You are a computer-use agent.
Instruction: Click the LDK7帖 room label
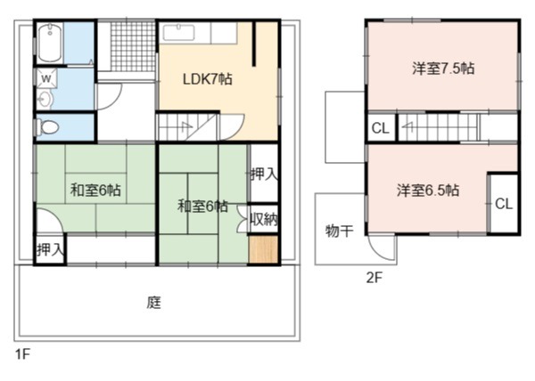(x=208, y=79)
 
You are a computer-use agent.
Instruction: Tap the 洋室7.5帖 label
(x=443, y=69)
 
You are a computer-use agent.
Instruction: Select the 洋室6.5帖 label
(x=427, y=190)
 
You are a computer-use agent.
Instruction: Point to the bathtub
(x=50, y=43)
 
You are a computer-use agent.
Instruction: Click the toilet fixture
(x=47, y=127)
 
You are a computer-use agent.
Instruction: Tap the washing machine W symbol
(x=46, y=79)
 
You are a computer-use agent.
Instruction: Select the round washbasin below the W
(x=45, y=100)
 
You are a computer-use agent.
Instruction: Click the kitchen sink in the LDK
(x=178, y=33)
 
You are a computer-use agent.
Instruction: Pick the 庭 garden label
(x=154, y=302)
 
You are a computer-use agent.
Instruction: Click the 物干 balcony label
(x=339, y=231)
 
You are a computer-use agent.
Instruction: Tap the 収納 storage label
(x=264, y=219)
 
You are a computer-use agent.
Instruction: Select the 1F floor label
(x=22, y=354)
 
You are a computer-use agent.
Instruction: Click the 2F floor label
(x=374, y=278)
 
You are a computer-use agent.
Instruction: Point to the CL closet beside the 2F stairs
(x=380, y=128)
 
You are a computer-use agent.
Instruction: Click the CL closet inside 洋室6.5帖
(x=504, y=204)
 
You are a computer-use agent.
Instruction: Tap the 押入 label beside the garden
(x=51, y=249)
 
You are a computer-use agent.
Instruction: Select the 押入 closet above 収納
(x=264, y=174)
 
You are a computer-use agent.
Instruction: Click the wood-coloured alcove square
(x=263, y=249)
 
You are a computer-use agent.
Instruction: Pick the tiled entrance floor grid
(x=133, y=46)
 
